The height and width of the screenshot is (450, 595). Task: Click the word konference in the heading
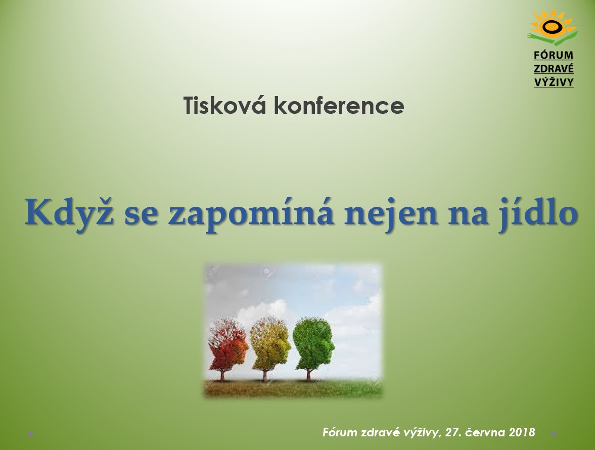[339, 106]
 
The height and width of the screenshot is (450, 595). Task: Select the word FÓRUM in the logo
[554, 55]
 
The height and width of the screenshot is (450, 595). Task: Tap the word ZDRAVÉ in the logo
[554, 69]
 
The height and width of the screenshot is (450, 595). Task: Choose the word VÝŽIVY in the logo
[554, 82]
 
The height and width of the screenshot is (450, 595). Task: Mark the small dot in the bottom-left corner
[31, 434]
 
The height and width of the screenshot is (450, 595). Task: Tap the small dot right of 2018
[554, 434]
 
